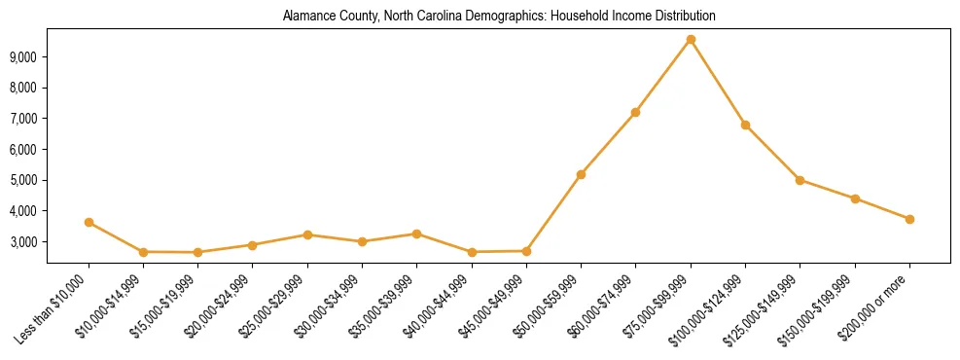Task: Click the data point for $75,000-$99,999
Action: (691, 39)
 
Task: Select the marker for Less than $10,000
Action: (89, 222)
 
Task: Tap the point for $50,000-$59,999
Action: (581, 174)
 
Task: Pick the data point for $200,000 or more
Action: (909, 219)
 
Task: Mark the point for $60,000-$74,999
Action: (635, 112)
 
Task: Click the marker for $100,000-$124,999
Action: (745, 125)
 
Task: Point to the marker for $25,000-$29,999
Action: (307, 234)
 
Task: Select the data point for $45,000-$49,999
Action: (526, 251)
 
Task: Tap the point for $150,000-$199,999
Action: (855, 198)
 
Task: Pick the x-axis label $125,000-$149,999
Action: (765, 306)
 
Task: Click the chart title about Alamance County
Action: (498, 16)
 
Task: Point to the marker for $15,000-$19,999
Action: (197, 252)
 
